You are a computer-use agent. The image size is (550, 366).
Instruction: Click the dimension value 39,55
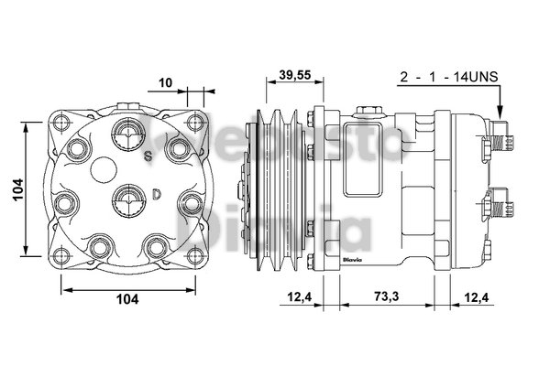[x=292, y=74]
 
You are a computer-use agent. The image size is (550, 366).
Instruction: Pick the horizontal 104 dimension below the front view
[x=127, y=298]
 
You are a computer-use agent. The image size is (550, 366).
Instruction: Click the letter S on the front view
[x=147, y=156]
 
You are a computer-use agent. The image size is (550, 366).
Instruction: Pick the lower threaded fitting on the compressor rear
[x=496, y=201]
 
